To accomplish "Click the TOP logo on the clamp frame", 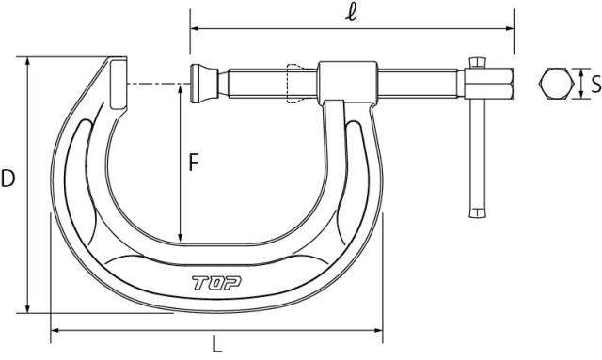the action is tap(216, 283).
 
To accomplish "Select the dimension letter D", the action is tap(8, 179).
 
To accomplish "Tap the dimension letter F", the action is tap(194, 163).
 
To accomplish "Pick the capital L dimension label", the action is tap(217, 344).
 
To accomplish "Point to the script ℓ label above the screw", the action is tap(350, 12).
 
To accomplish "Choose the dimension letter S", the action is tap(595, 84).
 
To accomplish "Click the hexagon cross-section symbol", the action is tap(556, 84).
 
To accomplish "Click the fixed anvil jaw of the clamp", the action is tap(119, 84).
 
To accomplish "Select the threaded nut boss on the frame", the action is tap(347, 82).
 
